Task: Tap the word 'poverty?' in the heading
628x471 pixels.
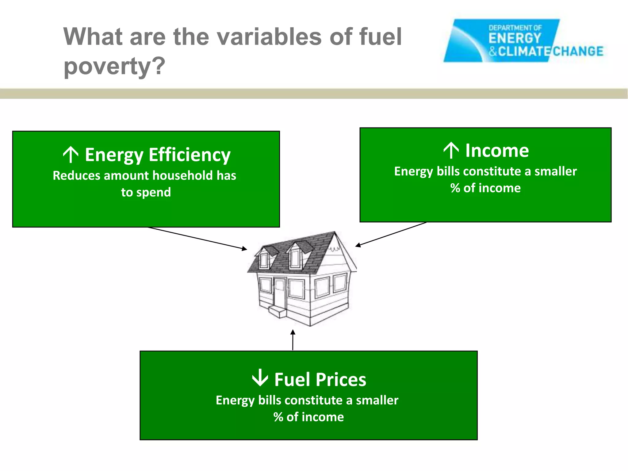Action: tap(114, 67)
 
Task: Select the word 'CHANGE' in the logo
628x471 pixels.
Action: tap(578, 51)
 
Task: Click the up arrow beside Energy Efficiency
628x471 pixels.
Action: tap(71, 155)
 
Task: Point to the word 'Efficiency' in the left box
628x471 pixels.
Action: tap(190, 155)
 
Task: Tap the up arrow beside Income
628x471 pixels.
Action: tap(451, 151)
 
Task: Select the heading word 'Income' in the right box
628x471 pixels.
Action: tap(497, 151)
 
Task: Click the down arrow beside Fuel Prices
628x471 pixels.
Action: tap(260, 378)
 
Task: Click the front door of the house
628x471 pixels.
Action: tap(279, 292)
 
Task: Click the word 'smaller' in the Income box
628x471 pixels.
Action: tap(556, 171)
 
